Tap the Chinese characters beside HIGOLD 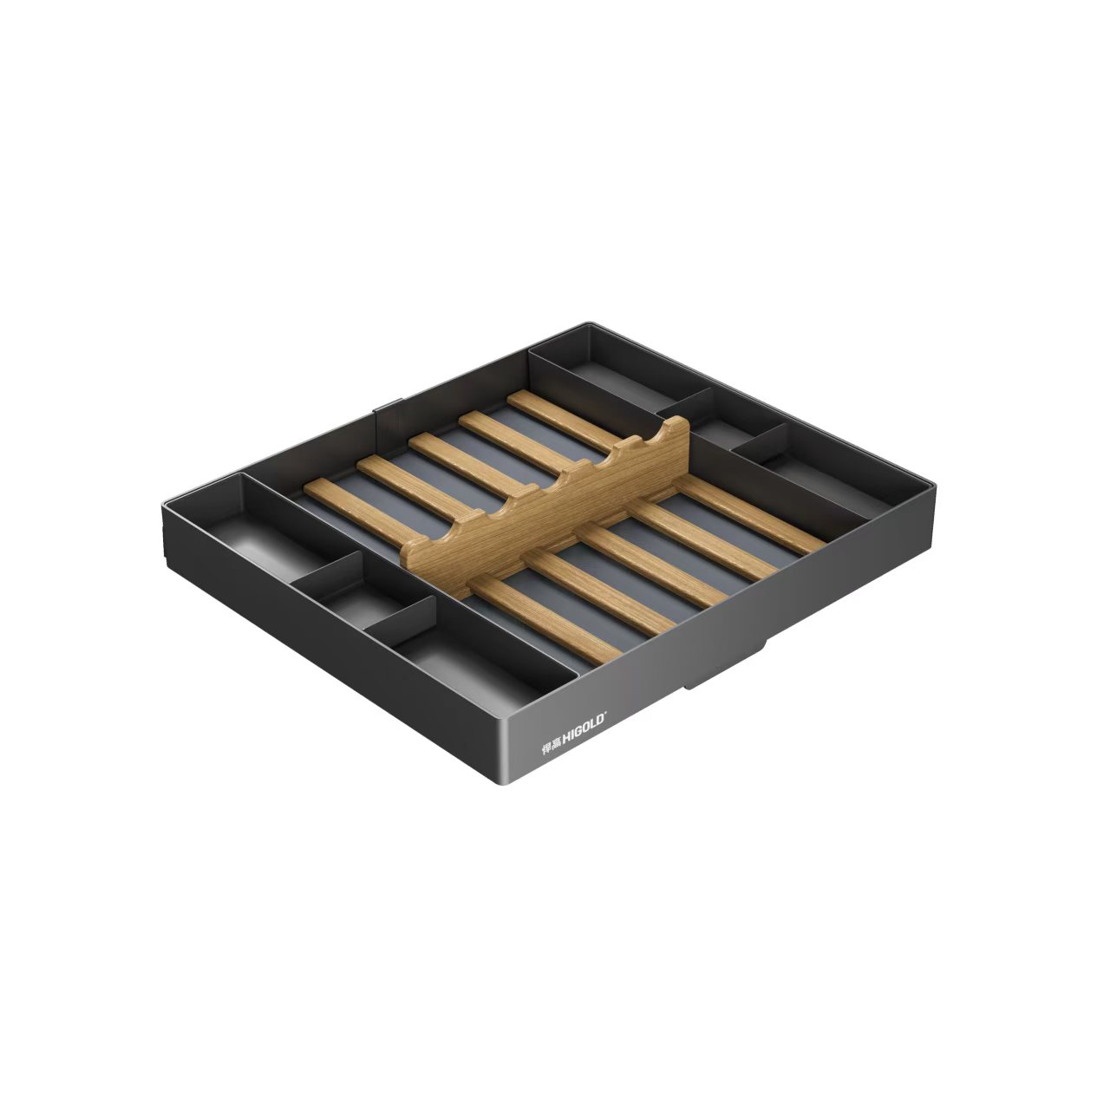click(x=549, y=746)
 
